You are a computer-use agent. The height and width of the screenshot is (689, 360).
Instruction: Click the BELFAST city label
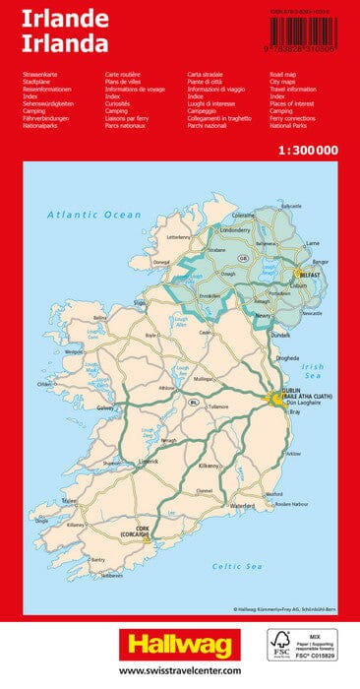[x=311, y=277]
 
